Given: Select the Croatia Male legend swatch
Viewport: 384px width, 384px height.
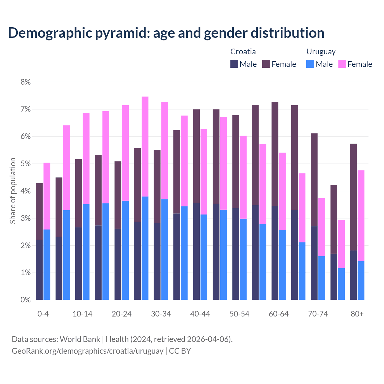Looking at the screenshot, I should coord(234,64).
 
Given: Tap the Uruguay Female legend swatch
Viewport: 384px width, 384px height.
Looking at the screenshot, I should coord(342,64).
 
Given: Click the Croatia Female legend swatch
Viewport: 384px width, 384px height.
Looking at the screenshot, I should coord(266,64).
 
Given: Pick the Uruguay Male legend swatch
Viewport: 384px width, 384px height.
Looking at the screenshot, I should coord(310,64).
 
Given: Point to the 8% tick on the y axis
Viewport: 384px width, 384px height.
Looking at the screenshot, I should coord(25,82).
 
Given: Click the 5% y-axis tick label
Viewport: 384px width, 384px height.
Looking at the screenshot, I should coord(25,164).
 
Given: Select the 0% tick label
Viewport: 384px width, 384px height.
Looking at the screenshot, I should coord(25,300).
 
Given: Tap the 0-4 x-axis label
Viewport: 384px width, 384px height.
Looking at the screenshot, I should coord(43,314).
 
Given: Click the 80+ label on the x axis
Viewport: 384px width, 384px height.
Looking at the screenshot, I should coord(357,314).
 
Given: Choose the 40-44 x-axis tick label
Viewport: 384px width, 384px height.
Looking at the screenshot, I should coord(200,314).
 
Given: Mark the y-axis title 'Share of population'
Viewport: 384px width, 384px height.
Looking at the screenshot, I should coord(13,191).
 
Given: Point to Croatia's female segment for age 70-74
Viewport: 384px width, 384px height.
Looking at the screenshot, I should coord(314,180).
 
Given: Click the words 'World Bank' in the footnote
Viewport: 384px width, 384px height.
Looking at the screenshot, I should coord(80,339).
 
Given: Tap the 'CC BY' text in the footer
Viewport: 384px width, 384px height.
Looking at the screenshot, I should coord(180,351).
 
